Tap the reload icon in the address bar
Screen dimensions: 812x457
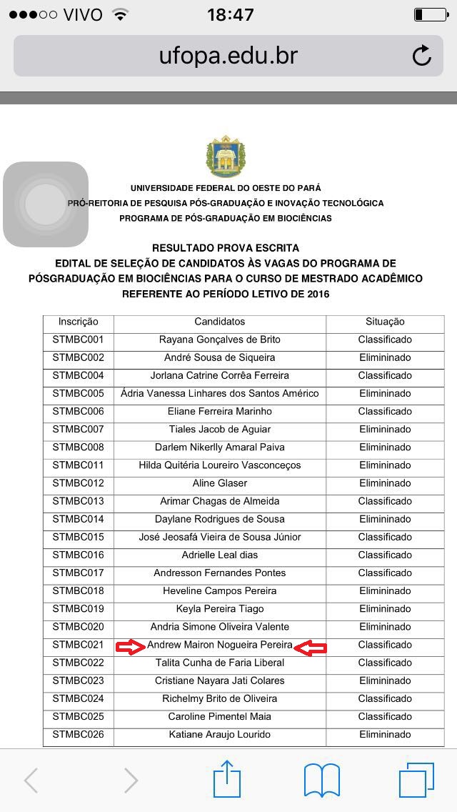pos(422,56)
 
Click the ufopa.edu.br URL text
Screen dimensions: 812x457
pos(228,56)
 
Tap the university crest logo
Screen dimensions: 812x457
pos(226,157)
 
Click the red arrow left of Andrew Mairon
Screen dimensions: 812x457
pos(131,647)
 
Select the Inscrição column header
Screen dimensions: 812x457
pos(79,322)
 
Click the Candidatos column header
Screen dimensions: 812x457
pos(220,322)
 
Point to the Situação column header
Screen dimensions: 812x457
pos(385,322)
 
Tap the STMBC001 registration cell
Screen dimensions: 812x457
pos(79,340)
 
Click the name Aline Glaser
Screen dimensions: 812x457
pos(220,483)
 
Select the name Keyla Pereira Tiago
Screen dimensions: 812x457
pos(220,609)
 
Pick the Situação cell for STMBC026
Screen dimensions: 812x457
pos(385,734)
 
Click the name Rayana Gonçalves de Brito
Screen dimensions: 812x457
pos(220,340)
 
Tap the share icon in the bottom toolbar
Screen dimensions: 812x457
pos(227,779)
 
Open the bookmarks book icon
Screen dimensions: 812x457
pos(322,780)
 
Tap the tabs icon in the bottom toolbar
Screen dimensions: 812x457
pos(416,780)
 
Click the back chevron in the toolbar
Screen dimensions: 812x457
pos(31,781)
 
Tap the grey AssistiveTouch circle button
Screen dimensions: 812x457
pos(46,204)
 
